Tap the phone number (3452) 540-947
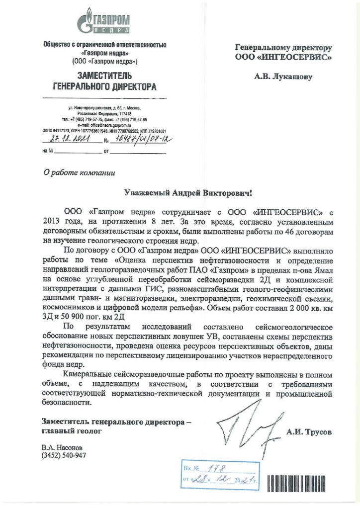point(65,455)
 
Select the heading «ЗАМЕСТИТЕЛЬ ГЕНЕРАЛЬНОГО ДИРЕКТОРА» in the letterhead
point(104,82)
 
